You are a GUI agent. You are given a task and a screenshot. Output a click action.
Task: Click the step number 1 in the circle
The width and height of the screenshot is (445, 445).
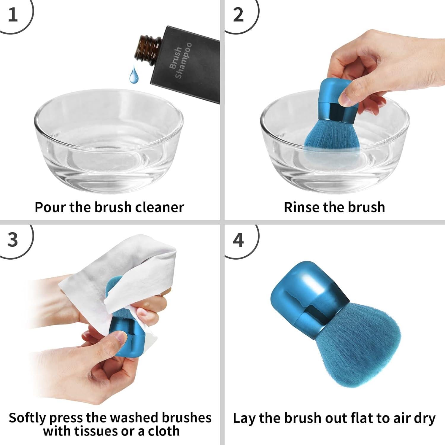coord(13,15)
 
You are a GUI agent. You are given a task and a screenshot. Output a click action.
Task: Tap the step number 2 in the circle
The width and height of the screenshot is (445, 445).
coord(238,15)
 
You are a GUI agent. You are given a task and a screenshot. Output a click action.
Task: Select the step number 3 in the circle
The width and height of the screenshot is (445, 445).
coord(13,240)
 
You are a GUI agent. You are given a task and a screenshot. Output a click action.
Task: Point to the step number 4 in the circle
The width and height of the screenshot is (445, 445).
coord(238,240)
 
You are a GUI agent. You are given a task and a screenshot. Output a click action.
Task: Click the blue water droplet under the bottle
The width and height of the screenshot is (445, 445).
coord(133,75)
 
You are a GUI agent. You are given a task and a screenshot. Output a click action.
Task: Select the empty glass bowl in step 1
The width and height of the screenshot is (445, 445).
coord(109,142)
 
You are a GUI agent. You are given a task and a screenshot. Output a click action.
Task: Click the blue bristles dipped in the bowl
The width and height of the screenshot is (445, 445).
coord(332,139)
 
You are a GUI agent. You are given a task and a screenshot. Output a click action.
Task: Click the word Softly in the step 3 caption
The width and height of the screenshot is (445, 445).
coord(27,418)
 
